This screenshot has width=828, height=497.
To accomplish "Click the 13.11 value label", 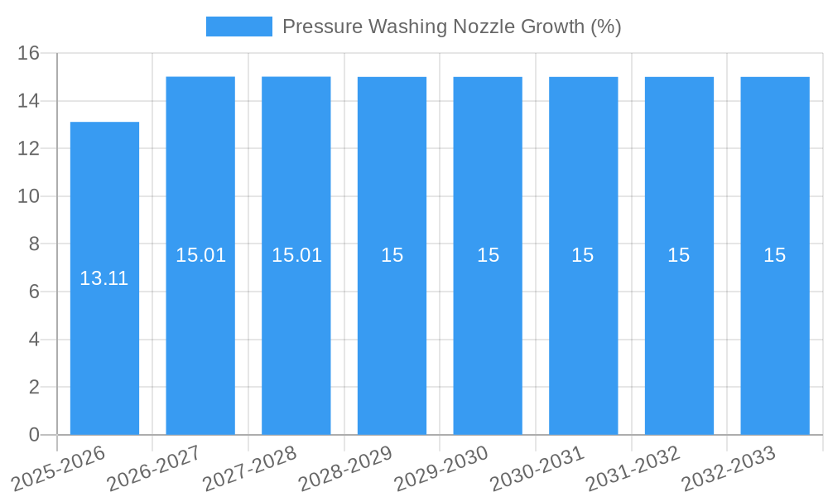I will (104, 278).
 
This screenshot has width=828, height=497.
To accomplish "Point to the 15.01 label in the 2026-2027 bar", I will (200, 255).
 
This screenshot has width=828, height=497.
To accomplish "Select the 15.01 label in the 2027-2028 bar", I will (296, 255).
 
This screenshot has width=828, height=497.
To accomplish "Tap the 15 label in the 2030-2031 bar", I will (583, 255).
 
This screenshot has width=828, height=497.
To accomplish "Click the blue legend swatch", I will (238, 27).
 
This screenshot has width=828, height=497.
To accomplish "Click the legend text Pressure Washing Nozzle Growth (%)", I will (451, 27).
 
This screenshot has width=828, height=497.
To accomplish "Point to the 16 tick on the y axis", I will (28, 54).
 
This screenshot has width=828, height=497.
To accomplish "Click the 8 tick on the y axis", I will (34, 244).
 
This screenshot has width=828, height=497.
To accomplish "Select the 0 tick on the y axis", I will (34, 435).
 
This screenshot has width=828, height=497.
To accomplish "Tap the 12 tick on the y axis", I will (28, 149).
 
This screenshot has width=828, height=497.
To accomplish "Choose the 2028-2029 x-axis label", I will (345, 468).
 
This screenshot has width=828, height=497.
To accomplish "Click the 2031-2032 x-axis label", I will (633, 468).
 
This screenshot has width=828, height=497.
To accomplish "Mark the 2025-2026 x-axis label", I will (59, 468).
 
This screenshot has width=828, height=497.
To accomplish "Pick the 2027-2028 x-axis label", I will (250, 468).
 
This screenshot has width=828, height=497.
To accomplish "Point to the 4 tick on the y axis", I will (34, 340).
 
